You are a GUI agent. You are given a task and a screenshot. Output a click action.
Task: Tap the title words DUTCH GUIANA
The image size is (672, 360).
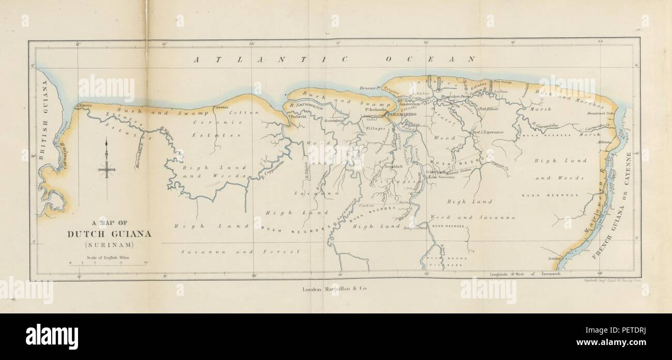point(110,233)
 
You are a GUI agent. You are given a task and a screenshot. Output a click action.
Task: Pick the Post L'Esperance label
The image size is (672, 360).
point(488,132)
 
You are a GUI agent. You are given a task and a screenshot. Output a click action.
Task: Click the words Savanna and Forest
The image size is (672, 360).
point(241,251)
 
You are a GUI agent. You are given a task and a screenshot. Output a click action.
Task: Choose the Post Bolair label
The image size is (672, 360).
point(488,109)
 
